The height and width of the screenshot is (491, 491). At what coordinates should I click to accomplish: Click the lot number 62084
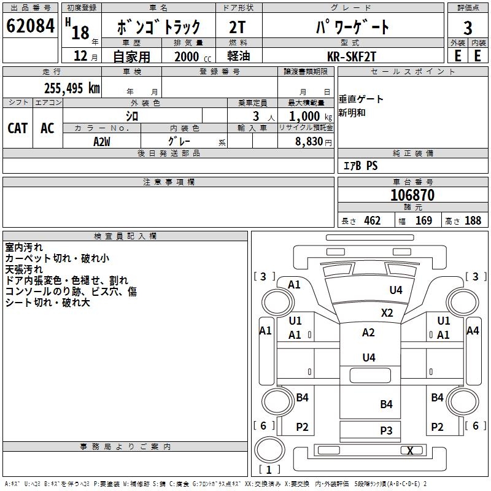(30, 26)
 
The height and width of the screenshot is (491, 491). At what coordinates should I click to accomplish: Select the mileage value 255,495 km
(72, 88)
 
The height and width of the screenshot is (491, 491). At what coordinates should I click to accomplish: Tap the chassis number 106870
(412, 195)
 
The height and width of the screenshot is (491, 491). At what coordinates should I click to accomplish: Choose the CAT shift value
(18, 128)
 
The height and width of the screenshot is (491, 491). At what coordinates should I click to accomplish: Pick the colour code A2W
(102, 141)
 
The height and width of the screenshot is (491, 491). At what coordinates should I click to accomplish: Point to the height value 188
(473, 220)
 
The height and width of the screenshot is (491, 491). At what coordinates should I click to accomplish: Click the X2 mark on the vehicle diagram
(387, 312)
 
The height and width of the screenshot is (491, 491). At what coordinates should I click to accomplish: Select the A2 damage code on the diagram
(368, 333)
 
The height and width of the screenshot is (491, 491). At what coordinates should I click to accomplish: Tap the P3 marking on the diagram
(386, 430)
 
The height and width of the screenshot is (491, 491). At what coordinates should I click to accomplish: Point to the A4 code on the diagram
(473, 331)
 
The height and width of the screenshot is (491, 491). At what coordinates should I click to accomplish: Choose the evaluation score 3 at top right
(468, 28)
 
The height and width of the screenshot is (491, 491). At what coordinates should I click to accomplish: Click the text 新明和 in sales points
(352, 113)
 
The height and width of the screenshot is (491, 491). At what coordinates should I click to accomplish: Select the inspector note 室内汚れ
(24, 247)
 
